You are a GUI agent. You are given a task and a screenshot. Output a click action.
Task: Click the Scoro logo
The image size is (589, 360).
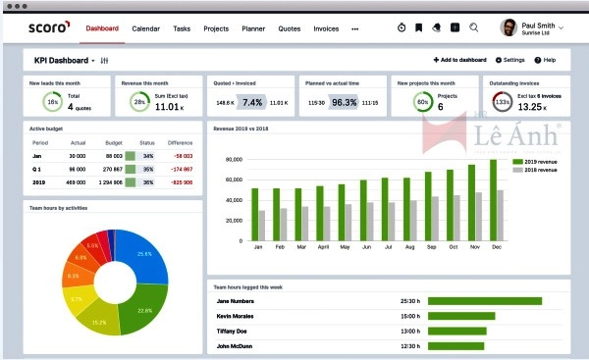tap(45, 28)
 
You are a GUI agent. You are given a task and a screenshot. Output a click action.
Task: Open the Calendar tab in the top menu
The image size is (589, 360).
tap(146, 29)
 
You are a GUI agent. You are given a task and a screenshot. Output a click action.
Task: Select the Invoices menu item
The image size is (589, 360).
tap(326, 29)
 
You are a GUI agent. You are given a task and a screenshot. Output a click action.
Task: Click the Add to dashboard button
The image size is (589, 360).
tap(460, 61)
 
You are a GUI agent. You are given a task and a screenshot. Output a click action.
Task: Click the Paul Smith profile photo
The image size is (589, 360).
tap(509, 27)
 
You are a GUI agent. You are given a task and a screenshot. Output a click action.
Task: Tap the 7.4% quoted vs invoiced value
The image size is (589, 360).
tap(252, 102)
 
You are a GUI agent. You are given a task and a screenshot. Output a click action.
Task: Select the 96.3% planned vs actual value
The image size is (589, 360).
tap(344, 102)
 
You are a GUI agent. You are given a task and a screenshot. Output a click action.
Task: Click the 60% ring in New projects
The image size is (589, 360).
tap(422, 101)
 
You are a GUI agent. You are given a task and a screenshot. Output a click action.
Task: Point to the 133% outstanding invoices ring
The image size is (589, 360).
tap(502, 101)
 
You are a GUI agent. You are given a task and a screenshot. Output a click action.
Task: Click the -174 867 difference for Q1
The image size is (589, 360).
tap(180, 168)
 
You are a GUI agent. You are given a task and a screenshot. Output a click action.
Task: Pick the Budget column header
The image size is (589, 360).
tap(114, 142)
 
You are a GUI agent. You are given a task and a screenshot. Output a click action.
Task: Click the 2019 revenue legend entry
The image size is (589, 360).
tap(535, 161)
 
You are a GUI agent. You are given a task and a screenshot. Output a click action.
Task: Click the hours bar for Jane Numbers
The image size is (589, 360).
tap(485, 300)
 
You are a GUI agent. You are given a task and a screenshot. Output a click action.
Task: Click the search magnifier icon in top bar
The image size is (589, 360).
tap(474, 28)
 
